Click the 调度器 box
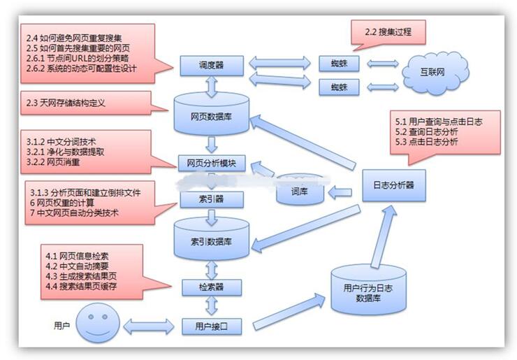(x=212, y=66)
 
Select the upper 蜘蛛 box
(x=339, y=64)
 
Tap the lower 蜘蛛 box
(x=339, y=87)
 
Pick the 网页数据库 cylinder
(x=212, y=115)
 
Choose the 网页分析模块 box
(x=212, y=164)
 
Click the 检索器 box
(x=212, y=287)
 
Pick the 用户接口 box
(x=212, y=325)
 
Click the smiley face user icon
(x=94, y=325)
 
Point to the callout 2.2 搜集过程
(x=388, y=32)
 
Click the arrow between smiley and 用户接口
(x=148, y=326)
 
